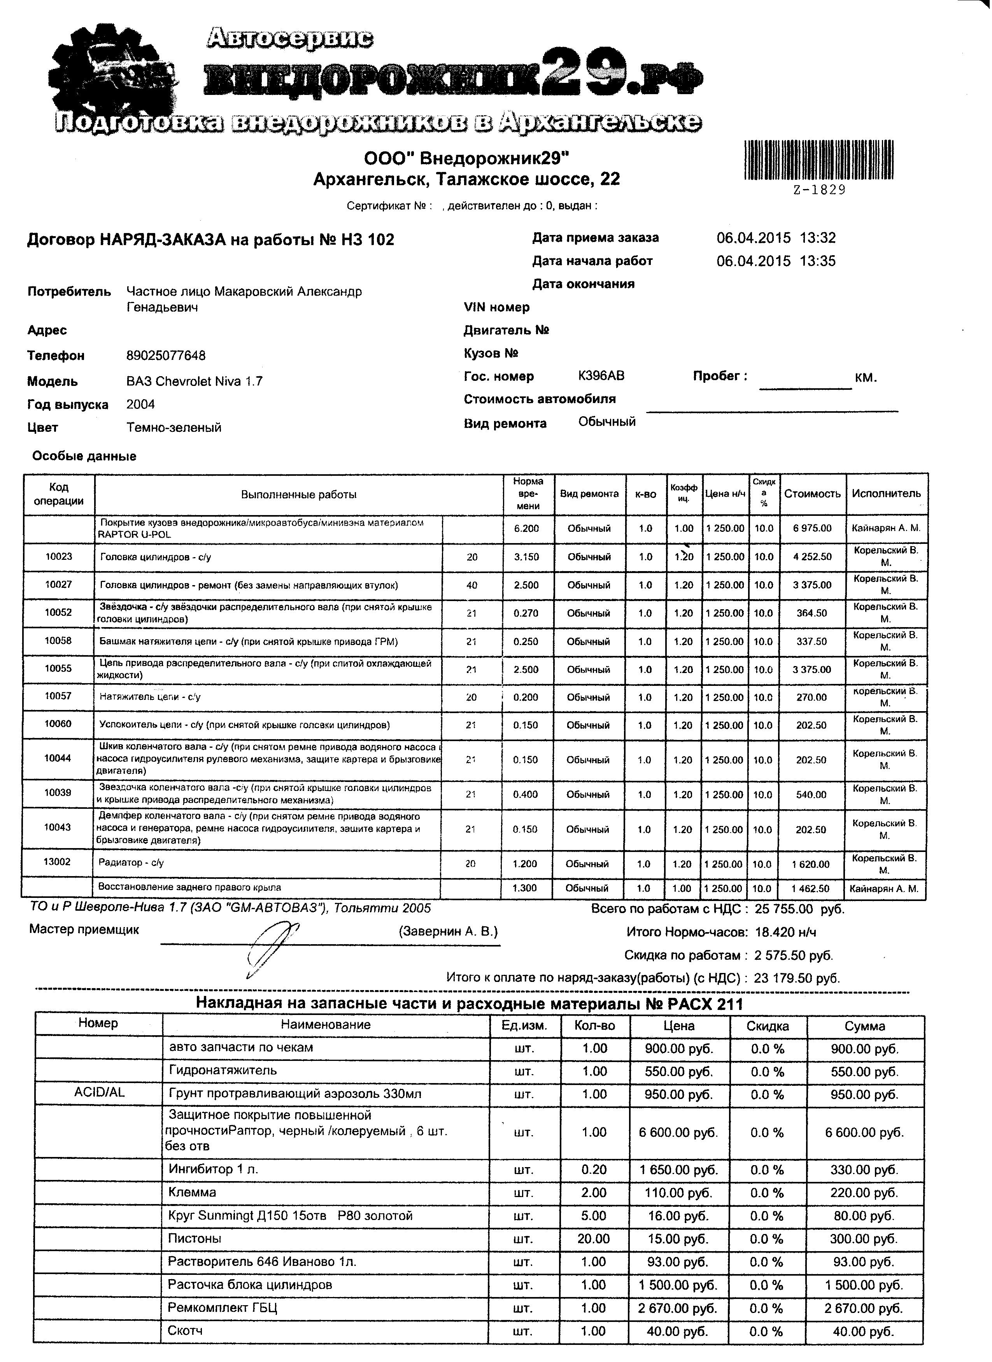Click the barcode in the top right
click(818, 160)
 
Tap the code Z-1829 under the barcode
click(819, 190)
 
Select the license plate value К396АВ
click(601, 376)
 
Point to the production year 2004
click(140, 404)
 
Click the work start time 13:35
click(818, 261)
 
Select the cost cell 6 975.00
click(812, 528)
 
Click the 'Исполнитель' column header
click(886, 494)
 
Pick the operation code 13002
click(57, 862)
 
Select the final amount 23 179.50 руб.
click(797, 978)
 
